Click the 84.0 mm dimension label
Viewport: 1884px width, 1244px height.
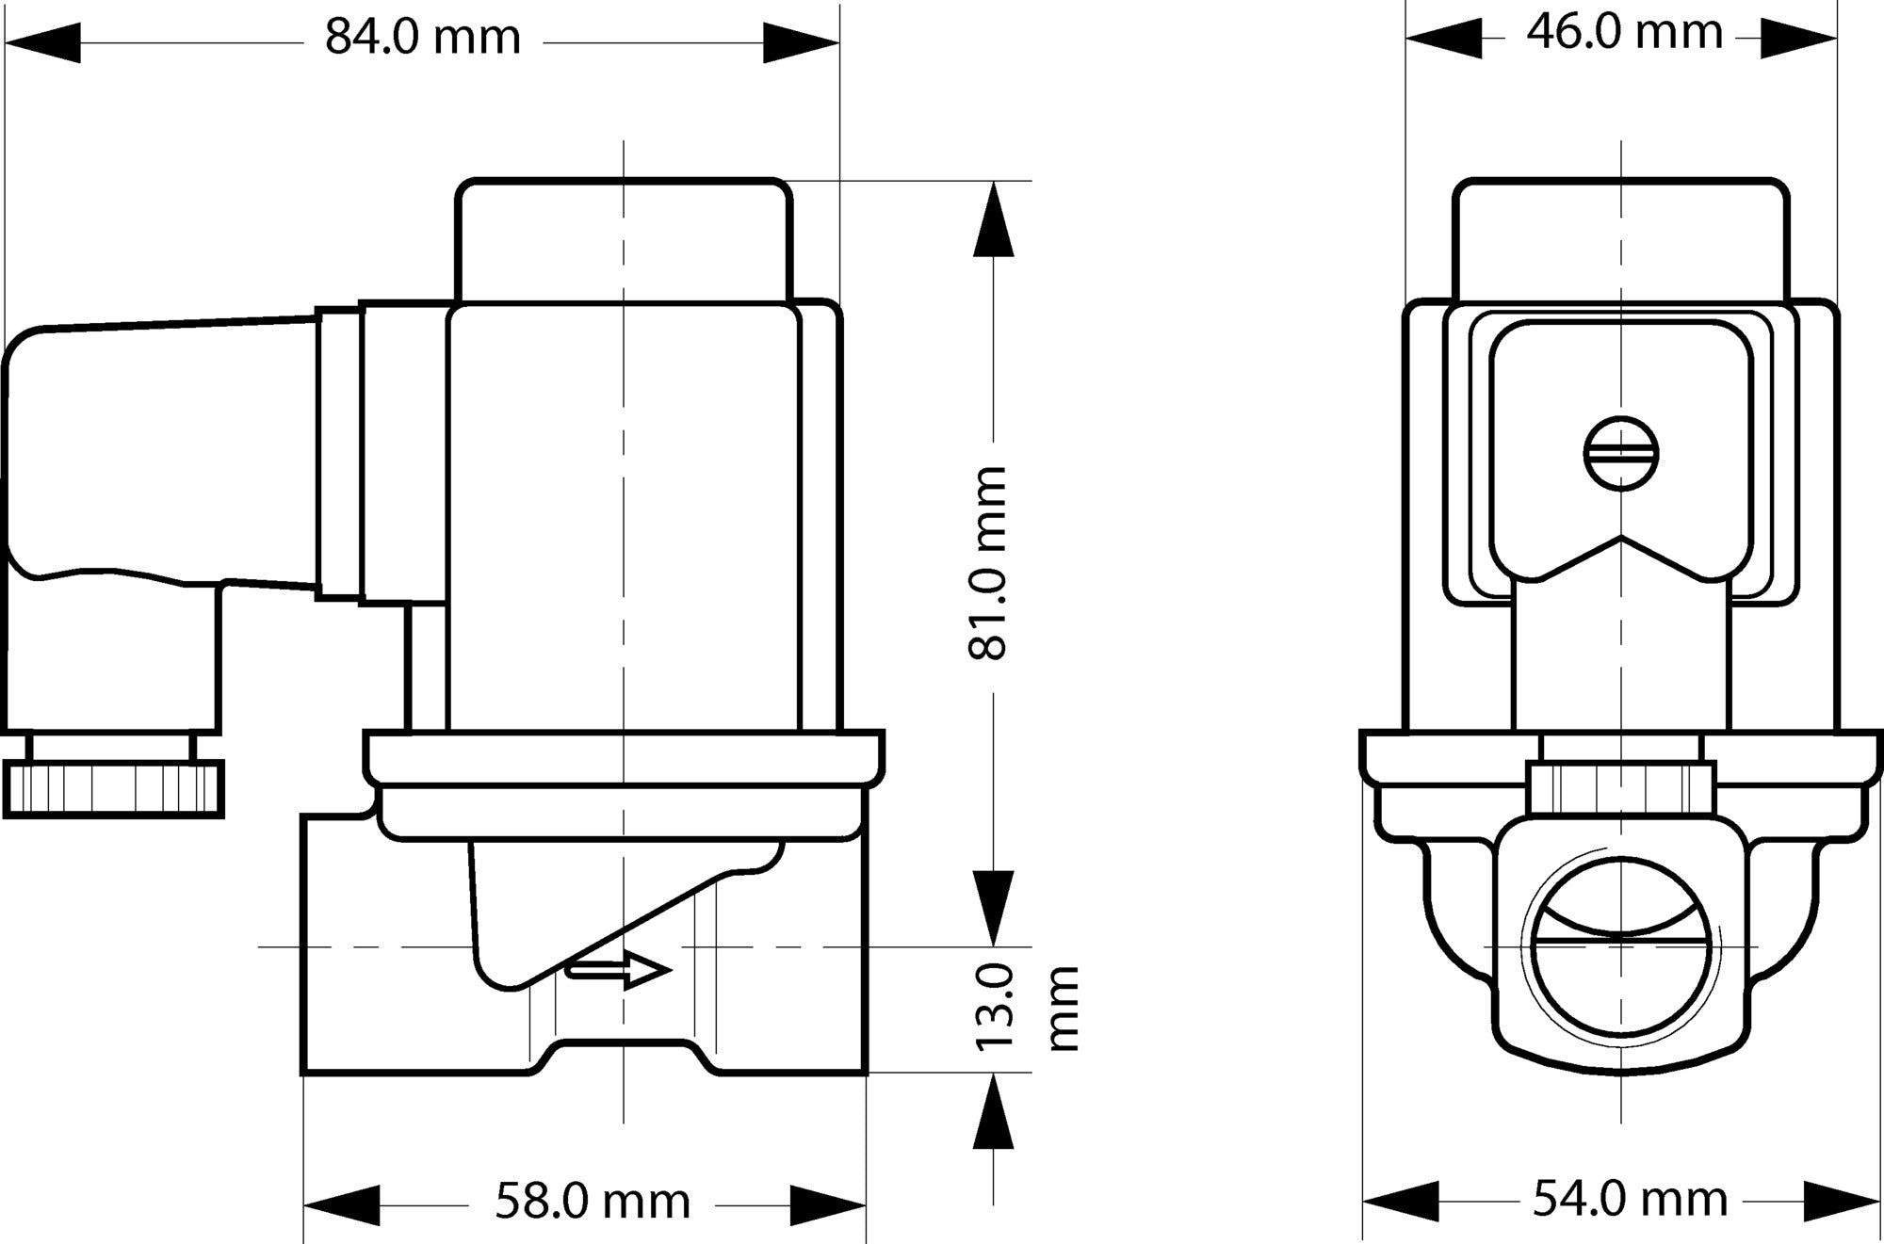point(423,39)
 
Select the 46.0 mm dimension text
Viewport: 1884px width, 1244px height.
point(1624,33)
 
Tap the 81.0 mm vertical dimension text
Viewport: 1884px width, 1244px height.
point(989,562)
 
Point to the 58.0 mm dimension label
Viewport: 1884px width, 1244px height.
point(593,1202)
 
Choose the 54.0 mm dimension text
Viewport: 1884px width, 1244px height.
point(1630,1200)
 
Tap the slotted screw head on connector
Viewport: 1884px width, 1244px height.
point(1620,454)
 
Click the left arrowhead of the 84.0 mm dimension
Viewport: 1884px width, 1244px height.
point(43,43)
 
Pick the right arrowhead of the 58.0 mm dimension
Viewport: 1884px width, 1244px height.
point(826,1205)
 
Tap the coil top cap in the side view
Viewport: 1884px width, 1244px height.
point(624,239)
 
